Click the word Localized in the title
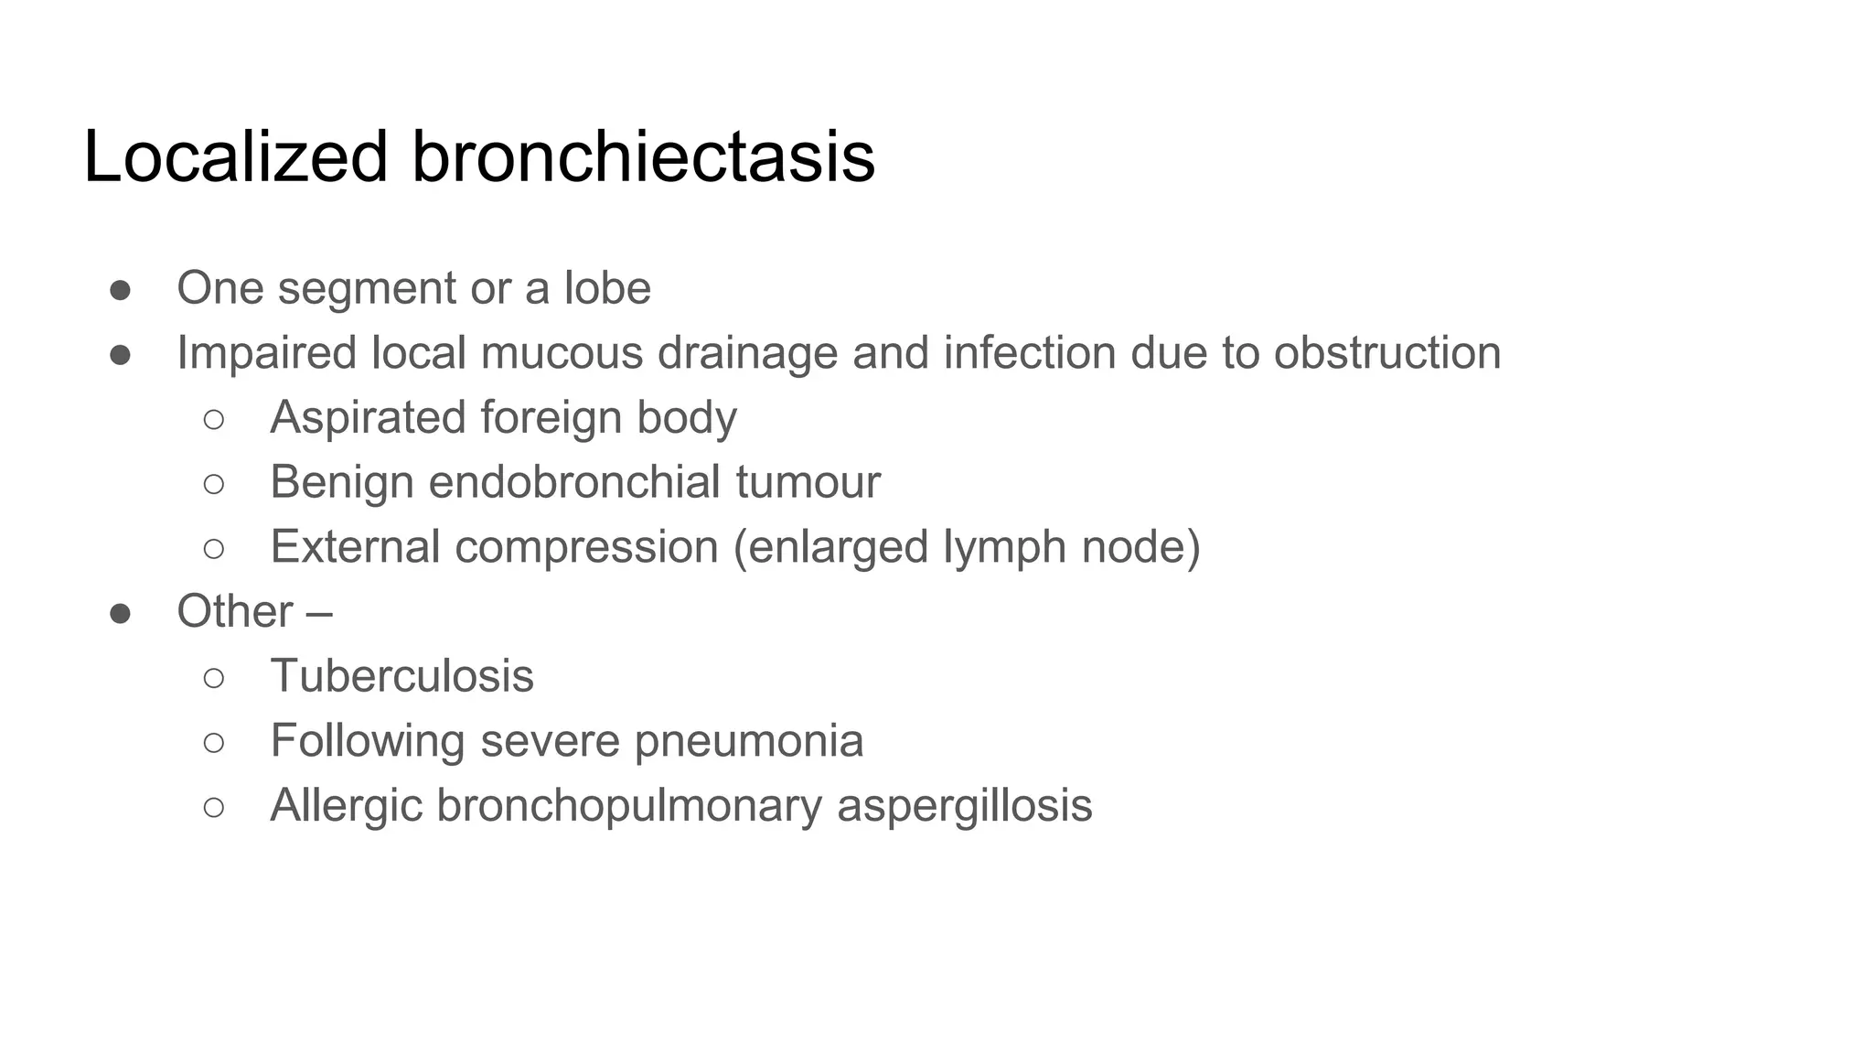click(236, 156)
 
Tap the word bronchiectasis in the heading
click(643, 156)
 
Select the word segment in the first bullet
click(367, 289)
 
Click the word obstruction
click(1387, 353)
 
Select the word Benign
click(342, 483)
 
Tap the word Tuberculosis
click(401, 676)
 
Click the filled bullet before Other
click(120, 613)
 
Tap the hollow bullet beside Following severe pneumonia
click(214, 742)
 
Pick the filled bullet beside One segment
click(120, 290)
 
